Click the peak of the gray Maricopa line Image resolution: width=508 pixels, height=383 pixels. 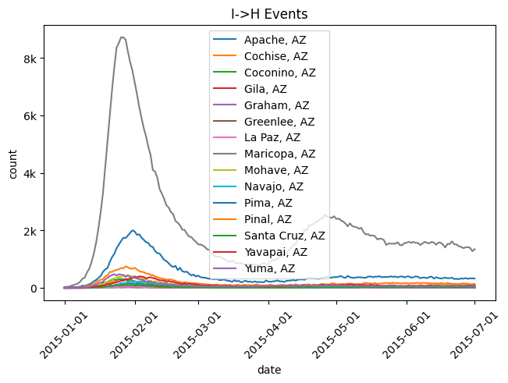point(123,37)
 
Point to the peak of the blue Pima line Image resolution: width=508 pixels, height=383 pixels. point(133,230)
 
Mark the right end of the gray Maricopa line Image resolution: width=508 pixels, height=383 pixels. point(474,249)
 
